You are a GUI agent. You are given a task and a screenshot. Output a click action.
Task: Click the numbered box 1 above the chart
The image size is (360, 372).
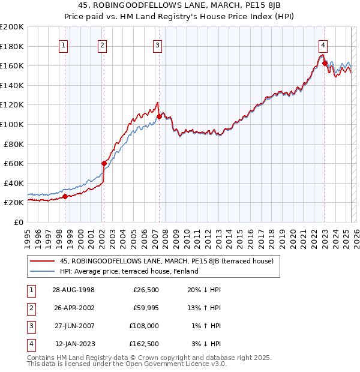pyautogui.click(x=64, y=44)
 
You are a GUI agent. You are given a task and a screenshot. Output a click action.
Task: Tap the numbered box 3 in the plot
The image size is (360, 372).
pyautogui.click(x=157, y=44)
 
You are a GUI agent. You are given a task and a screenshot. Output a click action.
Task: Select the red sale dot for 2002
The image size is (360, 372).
pyautogui.click(x=104, y=163)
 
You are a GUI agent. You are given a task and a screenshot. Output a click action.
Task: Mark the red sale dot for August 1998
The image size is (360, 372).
pyautogui.click(x=65, y=196)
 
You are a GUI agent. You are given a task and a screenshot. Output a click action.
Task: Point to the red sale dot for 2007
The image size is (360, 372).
pyautogui.click(x=159, y=116)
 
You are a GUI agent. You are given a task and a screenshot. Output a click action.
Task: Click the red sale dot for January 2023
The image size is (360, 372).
pyautogui.click(x=325, y=63)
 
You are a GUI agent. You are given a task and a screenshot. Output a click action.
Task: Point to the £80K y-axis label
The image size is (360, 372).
pyautogui.click(x=14, y=144)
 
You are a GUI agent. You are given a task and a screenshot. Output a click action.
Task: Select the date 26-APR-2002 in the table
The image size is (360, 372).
pyautogui.click(x=74, y=308)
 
